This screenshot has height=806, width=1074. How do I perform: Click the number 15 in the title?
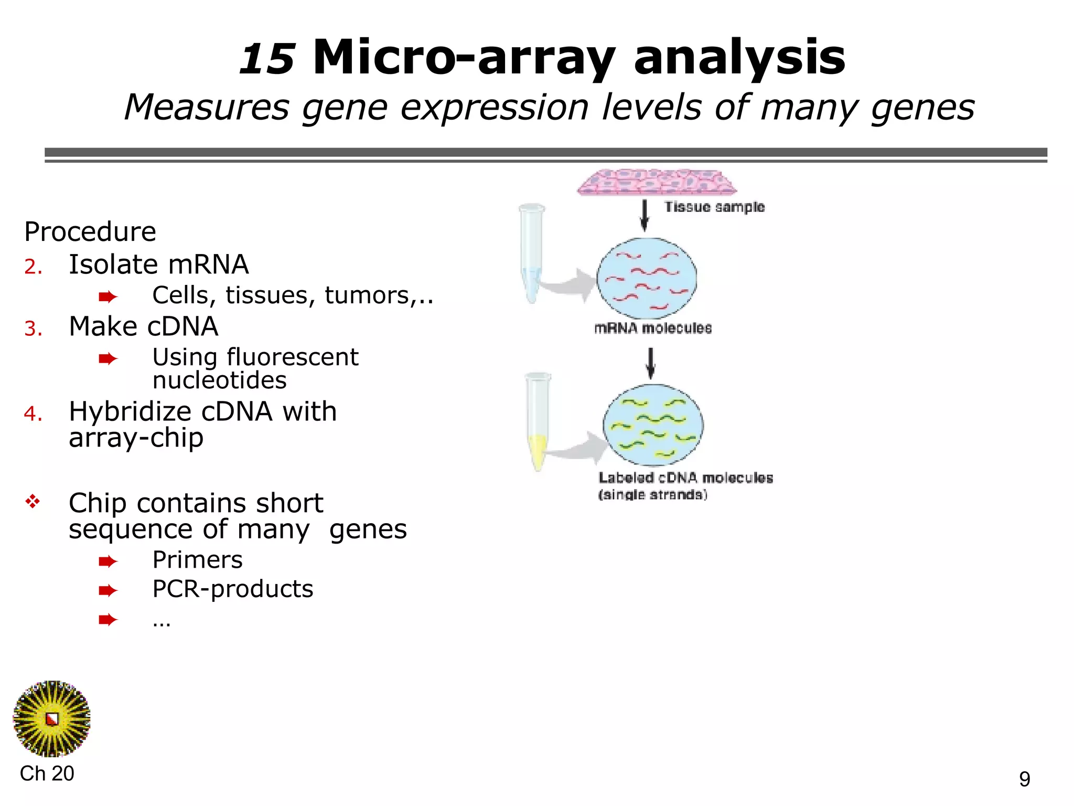[267, 59]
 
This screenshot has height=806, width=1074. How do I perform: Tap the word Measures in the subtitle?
[206, 108]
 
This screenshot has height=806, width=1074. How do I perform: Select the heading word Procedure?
[90, 232]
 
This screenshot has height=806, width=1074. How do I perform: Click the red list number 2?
[33, 267]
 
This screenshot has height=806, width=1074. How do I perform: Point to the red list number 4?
[33, 414]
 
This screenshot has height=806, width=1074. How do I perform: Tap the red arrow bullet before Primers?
[108, 561]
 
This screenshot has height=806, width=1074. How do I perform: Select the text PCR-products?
[232, 589]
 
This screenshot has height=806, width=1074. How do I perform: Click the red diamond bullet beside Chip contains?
[33, 502]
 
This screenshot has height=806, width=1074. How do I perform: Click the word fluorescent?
[292, 357]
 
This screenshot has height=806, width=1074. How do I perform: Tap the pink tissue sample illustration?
[657, 182]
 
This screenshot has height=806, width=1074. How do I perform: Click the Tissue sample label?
[714, 207]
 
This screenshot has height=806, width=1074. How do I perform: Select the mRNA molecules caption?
[653, 328]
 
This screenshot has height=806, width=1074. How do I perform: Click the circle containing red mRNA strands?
[647, 278]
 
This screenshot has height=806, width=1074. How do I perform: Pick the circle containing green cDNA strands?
[653, 425]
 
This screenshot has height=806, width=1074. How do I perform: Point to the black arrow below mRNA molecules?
[651, 363]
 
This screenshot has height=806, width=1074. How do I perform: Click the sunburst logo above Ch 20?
[51, 719]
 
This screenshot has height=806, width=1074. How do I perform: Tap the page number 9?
[1025, 779]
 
